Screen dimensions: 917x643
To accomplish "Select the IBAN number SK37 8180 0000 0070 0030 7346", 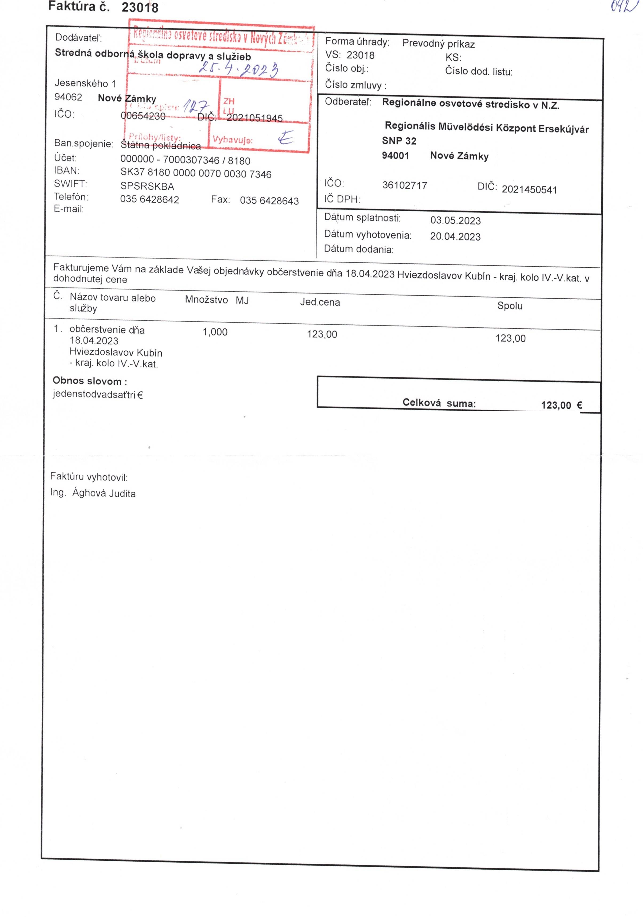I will click(x=196, y=173).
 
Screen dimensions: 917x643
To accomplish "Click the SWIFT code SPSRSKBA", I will click(x=147, y=186).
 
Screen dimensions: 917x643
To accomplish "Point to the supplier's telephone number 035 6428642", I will click(x=149, y=199).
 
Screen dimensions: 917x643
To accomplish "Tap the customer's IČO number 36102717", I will click(x=404, y=185).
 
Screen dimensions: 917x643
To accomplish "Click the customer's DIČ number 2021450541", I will click(x=529, y=189).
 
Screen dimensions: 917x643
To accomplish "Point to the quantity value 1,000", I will click(x=215, y=332).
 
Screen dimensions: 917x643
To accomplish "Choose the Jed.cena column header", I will click(x=320, y=302).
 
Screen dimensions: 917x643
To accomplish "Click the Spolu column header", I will click(x=510, y=306).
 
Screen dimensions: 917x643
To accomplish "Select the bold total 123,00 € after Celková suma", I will click(x=561, y=405).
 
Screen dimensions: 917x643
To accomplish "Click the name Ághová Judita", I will click(x=104, y=493).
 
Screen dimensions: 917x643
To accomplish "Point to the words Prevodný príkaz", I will click(x=438, y=44).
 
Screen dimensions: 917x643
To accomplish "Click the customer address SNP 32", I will click(x=399, y=141).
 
